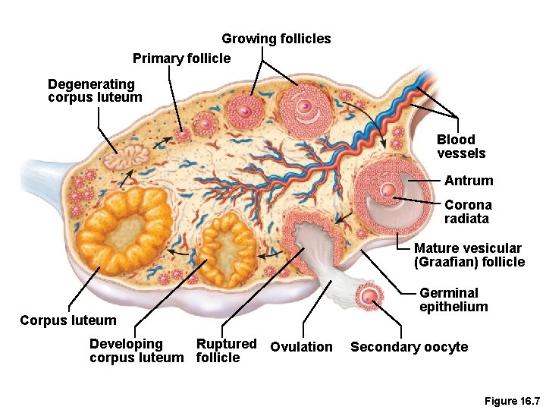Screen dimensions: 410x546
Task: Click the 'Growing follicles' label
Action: click(276, 39)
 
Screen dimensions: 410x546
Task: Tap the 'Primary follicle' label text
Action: click(181, 58)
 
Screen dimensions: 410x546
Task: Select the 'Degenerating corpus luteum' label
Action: click(94, 90)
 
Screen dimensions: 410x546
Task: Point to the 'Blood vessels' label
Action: click(461, 147)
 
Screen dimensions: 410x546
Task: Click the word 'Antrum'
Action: click(469, 181)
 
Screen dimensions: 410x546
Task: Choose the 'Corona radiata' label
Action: click(468, 212)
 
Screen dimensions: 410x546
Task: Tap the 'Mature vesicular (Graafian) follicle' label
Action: click(469, 255)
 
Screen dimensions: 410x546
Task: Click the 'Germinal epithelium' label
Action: click(453, 300)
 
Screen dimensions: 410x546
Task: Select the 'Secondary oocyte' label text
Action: click(409, 347)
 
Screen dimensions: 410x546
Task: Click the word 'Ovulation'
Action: click(301, 347)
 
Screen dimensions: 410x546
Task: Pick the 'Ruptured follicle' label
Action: click(226, 351)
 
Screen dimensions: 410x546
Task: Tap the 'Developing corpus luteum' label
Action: click(136, 351)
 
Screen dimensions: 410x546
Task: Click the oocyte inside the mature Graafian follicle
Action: click(389, 191)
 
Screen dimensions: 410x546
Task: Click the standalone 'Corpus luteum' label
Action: click(68, 320)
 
